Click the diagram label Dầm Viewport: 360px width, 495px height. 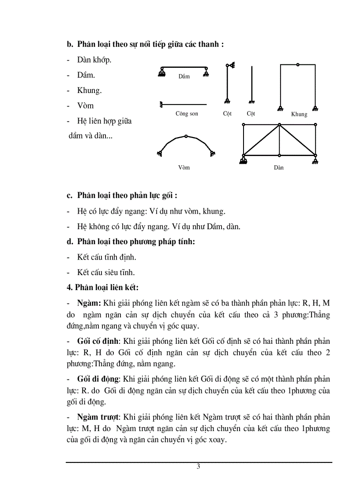(x=184, y=76)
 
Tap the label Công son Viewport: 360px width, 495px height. (x=187, y=114)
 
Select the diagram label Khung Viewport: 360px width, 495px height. (x=299, y=114)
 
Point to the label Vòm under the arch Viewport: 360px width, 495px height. (x=184, y=167)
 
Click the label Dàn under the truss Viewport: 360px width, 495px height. (x=278, y=167)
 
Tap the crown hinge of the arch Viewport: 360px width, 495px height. (x=186, y=136)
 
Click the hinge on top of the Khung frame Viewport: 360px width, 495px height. (x=298, y=65)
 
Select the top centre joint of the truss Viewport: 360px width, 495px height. (x=279, y=125)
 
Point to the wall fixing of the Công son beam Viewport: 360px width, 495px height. (x=161, y=104)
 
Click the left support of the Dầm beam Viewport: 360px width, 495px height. (x=162, y=71)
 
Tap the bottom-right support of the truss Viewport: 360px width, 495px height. (x=316, y=159)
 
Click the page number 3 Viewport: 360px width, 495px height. (x=199, y=467)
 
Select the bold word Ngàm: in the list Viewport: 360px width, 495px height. (x=89, y=303)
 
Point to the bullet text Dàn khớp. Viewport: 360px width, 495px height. (x=94, y=60)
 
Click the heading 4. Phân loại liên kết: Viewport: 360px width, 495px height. (x=102, y=287)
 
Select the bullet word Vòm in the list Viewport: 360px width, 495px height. (x=85, y=106)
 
